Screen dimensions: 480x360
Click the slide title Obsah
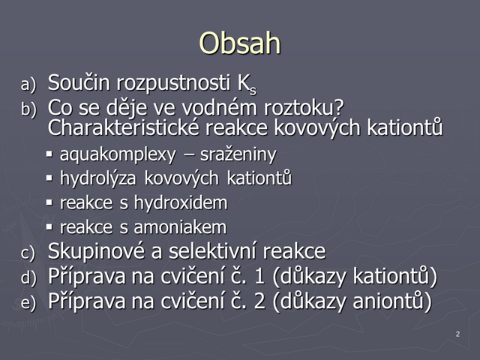tap(240, 43)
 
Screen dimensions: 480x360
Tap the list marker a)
tap(28, 85)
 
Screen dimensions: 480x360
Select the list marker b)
tap(28, 109)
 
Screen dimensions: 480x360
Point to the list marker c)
tap(28, 253)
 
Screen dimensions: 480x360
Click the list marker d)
tap(28, 277)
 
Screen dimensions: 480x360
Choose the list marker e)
tap(28, 302)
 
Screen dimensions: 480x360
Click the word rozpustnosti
tap(173, 83)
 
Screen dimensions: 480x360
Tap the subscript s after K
tap(253, 91)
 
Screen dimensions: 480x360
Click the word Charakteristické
tap(123, 127)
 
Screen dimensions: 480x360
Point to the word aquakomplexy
tap(118, 154)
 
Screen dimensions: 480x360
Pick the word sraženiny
tap(238, 154)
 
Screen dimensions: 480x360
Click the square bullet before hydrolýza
tap(49, 178)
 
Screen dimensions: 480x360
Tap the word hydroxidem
tap(181, 203)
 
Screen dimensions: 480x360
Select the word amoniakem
tap(180, 227)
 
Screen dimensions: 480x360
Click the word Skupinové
tap(96, 251)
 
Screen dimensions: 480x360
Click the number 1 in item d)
tap(259, 276)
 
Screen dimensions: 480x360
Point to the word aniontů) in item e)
tap(391, 301)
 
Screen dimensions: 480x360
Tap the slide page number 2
tap(457, 334)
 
